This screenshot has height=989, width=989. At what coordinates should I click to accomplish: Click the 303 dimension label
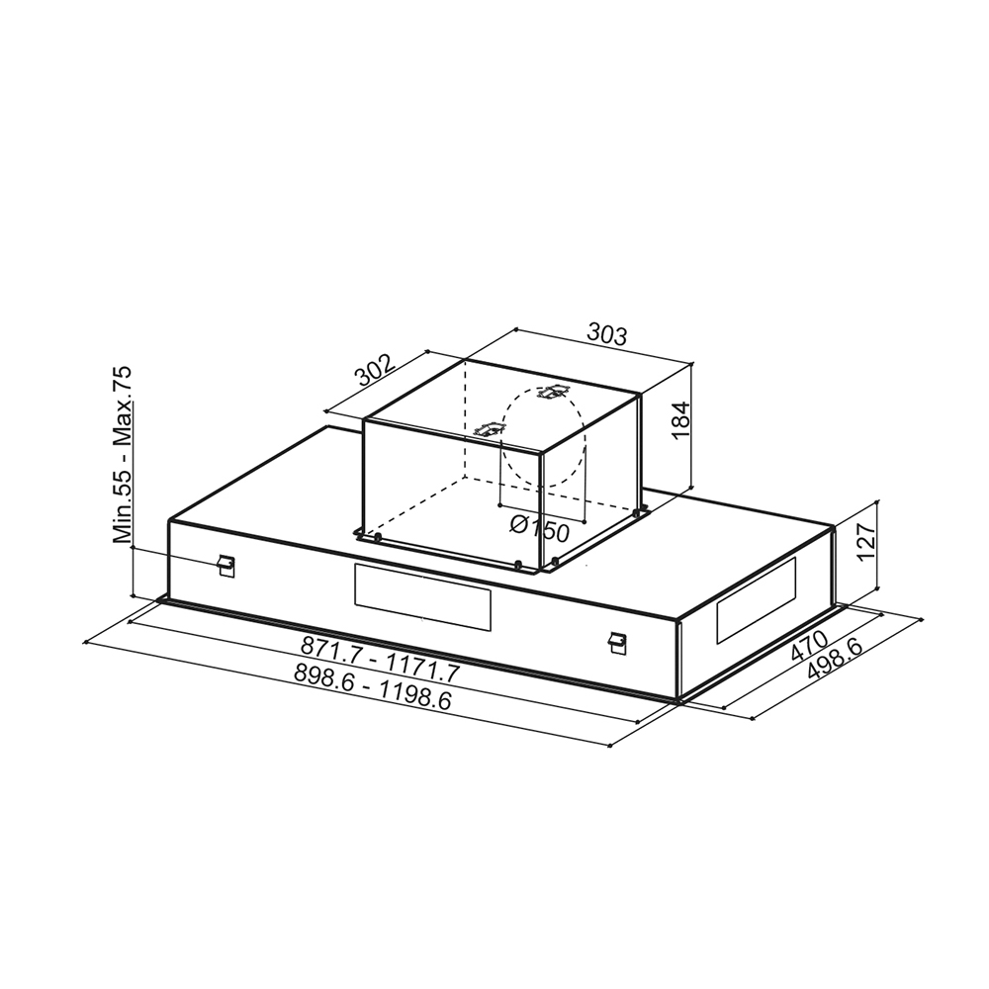[607, 334]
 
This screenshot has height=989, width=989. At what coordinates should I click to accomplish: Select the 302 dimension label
[375, 370]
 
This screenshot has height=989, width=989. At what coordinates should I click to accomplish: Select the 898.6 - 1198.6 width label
[373, 687]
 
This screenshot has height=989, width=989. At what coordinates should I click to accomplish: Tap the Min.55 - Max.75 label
[123, 454]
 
